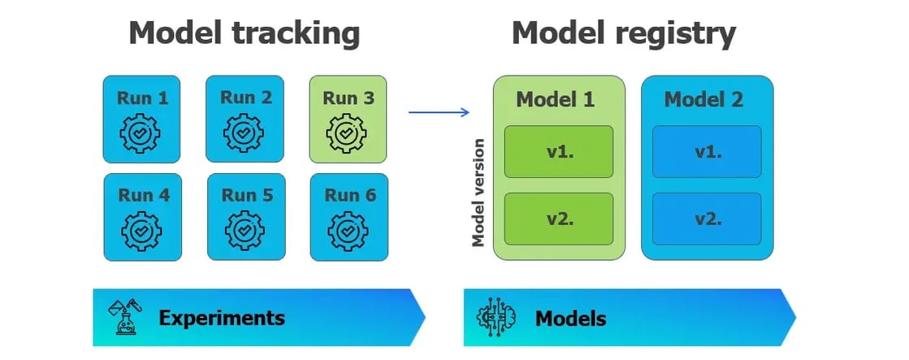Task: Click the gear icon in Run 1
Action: coord(141,132)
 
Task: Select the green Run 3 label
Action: coord(348,98)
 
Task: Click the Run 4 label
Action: coord(144,195)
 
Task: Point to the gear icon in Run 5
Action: coord(245,230)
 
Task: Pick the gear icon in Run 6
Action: coord(348,230)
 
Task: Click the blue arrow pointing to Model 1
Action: coord(439,112)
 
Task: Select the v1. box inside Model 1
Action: coord(558,151)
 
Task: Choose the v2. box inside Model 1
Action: coord(558,219)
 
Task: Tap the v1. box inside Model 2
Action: coord(707,151)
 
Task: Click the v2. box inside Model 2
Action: coord(707,219)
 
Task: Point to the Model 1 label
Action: coord(556,99)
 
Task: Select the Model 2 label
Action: coord(703,99)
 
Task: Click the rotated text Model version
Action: coord(478,193)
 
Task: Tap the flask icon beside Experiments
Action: coord(122,316)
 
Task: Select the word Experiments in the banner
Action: coord(222,317)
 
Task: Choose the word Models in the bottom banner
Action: coord(570,318)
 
